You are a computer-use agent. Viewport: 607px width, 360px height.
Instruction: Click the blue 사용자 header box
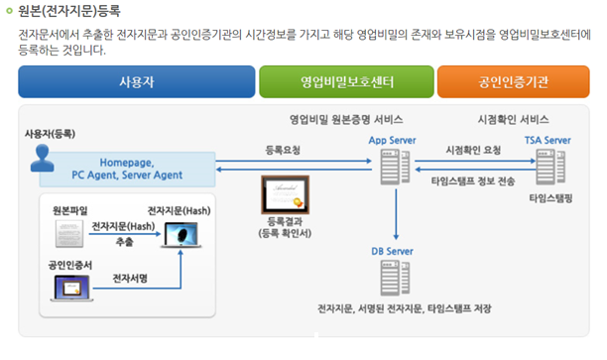pos(136,80)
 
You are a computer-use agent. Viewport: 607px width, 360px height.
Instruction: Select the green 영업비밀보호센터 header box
pos(345,80)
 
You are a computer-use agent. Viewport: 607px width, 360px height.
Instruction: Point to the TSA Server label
pos(547,141)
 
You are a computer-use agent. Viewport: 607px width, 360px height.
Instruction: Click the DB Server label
pos(392,252)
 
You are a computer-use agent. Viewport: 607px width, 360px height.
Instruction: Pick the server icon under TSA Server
pos(546,169)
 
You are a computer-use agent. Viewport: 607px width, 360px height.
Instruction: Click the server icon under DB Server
pos(394,280)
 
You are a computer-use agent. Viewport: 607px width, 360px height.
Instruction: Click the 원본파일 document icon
pos(69,234)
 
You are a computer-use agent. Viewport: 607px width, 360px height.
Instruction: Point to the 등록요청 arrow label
pos(283,151)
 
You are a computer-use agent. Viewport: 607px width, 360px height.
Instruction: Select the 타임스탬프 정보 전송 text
pos(472,182)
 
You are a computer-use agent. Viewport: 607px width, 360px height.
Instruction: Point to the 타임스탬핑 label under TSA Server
pos(551,198)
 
